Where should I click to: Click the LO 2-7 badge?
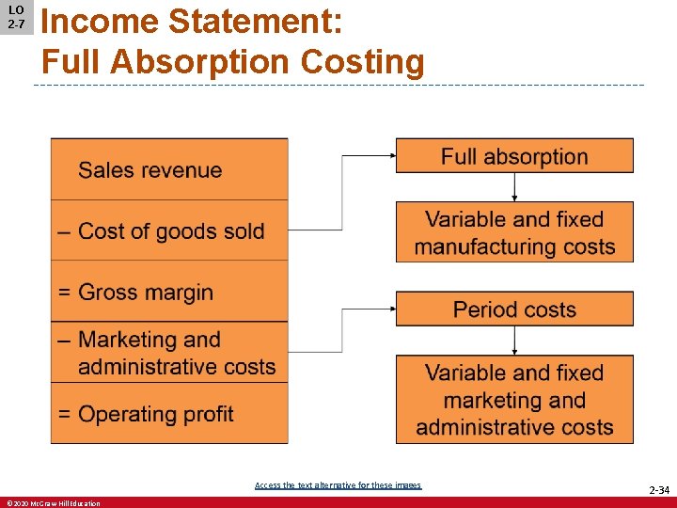coord(16,17)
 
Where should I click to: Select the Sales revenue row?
coord(169,170)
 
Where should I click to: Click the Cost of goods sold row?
coord(169,231)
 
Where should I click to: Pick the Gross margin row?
coord(169,293)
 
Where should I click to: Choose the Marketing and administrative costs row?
coord(169,353)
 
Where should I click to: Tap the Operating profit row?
coord(169,414)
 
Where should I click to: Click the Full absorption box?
coord(514,156)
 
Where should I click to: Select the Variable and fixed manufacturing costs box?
coord(514,232)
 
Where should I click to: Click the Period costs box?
coord(514,310)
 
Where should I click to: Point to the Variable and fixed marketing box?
coord(514,400)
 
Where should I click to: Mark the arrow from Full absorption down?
coord(514,187)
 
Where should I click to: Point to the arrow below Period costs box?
coord(514,341)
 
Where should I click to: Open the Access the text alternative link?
coord(338,485)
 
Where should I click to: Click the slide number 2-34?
coord(658,490)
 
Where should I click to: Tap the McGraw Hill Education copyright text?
coord(53,503)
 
